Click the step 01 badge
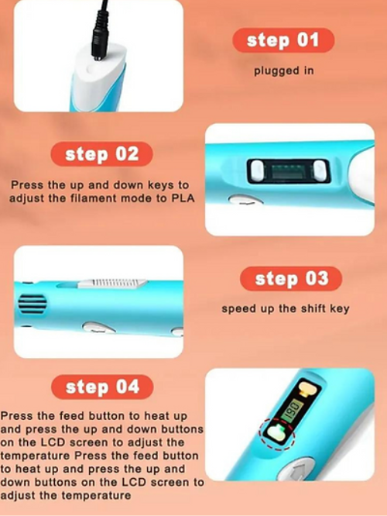[x=283, y=40]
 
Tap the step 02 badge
[x=101, y=154]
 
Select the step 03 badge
[x=291, y=279]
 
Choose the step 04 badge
[x=102, y=387]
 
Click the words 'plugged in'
[x=284, y=71]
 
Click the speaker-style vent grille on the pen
[x=32, y=304]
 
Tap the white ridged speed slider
[x=112, y=284]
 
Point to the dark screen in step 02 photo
[x=288, y=170]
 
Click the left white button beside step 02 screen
[x=258, y=170]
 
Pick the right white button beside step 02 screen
[x=320, y=170]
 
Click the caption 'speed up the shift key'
[x=285, y=308]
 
